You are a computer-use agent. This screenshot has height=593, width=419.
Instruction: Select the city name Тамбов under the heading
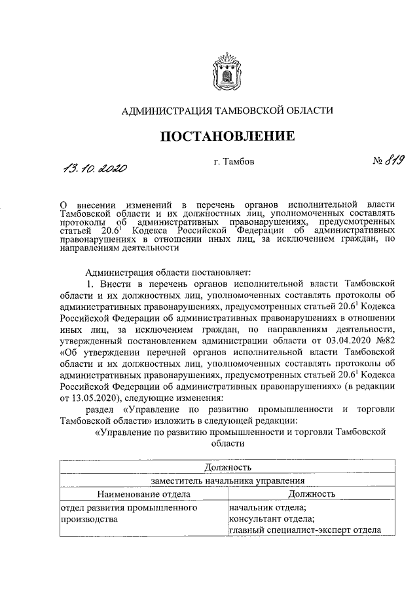pos(234,161)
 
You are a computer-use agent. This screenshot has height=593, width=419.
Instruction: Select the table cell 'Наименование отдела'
pos(143,493)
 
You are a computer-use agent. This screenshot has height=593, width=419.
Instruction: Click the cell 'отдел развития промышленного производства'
pos(128,513)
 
